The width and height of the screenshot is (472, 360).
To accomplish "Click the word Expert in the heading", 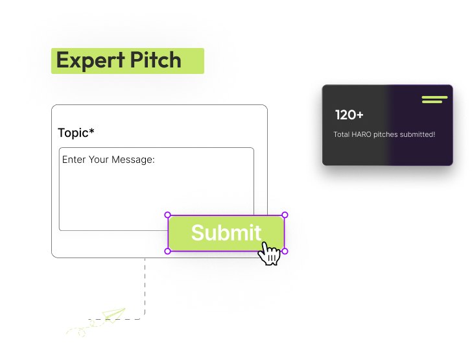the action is pyautogui.click(x=90, y=61).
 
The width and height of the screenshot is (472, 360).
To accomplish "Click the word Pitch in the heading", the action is pyautogui.click(x=156, y=60).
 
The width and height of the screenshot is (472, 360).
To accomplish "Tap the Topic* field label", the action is pyautogui.click(x=76, y=133).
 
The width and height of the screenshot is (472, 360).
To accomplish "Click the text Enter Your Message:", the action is pyautogui.click(x=108, y=160).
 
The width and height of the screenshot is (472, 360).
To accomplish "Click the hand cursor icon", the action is pyautogui.click(x=269, y=254).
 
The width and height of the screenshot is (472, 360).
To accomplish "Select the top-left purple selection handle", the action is pyautogui.click(x=168, y=215).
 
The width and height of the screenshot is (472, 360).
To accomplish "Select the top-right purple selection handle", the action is pyautogui.click(x=285, y=215).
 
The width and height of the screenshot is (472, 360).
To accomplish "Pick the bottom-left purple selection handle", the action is pyautogui.click(x=168, y=251).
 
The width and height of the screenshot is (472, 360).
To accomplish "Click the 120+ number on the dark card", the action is pyautogui.click(x=349, y=115).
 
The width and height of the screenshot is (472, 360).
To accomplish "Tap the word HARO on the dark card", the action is pyautogui.click(x=361, y=134).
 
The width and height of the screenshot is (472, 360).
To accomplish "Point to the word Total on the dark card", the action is pyautogui.click(x=341, y=134).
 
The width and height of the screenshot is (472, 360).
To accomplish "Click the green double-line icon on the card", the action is pyautogui.click(x=434, y=99).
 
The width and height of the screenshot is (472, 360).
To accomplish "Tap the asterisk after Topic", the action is pyautogui.click(x=91, y=131).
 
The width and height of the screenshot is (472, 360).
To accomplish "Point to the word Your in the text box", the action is pyautogui.click(x=99, y=160).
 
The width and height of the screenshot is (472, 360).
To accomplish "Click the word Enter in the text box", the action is pyautogui.click(x=74, y=160).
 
